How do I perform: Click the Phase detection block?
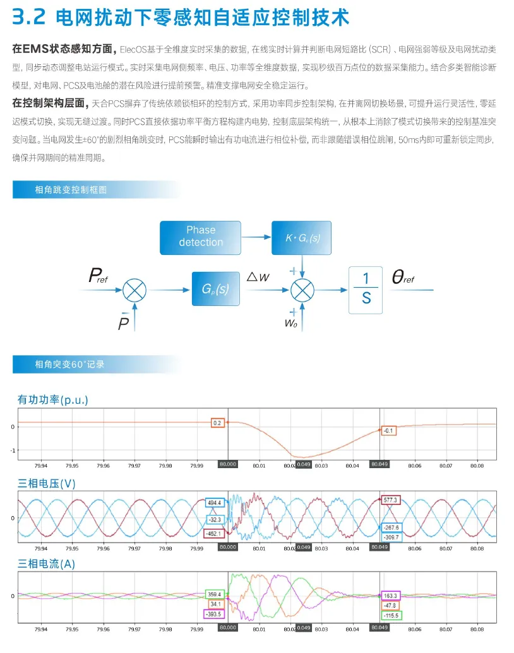200,237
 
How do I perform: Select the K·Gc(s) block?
302,237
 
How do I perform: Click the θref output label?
403,278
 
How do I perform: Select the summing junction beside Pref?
134,290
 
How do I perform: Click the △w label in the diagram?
258,276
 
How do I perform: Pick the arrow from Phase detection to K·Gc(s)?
256,237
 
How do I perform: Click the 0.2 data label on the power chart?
218,423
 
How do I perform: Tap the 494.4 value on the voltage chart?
214,503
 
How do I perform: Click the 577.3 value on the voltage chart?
390,499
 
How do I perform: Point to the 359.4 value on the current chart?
214,594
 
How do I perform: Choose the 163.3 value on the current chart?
390,595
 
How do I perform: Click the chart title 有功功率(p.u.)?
52,400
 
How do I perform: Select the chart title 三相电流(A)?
46,564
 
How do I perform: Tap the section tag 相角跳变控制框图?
71,189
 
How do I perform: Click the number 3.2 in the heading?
29,17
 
